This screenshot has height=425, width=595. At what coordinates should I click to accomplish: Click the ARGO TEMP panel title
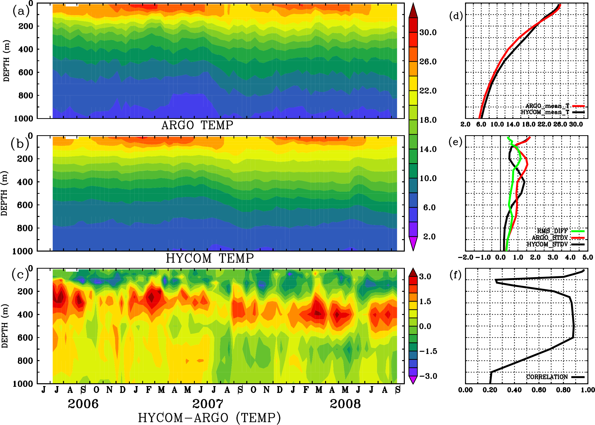point(197,125)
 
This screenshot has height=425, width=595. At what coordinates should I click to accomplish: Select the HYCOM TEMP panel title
point(210,258)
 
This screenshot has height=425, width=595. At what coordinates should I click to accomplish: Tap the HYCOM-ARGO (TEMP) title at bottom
point(209,418)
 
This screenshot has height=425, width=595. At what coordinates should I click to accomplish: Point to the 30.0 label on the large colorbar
point(428,32)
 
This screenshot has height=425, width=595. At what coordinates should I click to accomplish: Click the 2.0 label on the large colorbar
point(429,237)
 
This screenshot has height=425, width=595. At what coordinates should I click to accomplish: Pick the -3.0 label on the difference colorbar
point(428,376)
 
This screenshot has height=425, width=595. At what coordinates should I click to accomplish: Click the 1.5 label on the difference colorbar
point(425,301)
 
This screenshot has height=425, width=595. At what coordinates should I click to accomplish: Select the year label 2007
point(208,404)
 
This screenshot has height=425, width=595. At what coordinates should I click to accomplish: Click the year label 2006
point(83,404)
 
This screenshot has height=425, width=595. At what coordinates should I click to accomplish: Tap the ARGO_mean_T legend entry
point(547,106)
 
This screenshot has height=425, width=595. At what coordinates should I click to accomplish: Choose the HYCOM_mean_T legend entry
point(545,112)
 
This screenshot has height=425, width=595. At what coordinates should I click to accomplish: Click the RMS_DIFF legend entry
point(552,231)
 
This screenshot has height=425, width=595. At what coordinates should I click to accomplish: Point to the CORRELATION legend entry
point(547,377)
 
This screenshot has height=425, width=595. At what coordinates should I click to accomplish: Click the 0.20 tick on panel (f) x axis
point(490,390)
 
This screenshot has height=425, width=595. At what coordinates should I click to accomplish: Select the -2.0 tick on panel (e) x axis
point(465,257)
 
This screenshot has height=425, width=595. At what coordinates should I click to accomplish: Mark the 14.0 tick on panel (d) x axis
point(512,124)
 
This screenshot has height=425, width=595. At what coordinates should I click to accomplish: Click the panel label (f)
point(455,275)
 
